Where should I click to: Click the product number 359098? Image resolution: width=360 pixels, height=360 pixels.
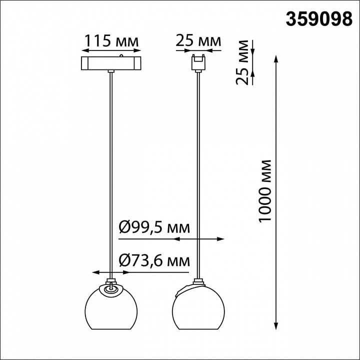(319, 19)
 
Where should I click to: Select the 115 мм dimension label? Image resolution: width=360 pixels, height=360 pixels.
(112, 41)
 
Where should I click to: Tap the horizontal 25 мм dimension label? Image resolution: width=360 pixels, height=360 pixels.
(198, 41)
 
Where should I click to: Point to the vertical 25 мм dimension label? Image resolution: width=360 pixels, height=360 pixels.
(242, 62)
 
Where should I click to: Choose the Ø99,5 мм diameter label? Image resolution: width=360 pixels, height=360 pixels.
(154, 227)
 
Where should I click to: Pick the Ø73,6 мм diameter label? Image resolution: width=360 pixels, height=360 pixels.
(154, 261)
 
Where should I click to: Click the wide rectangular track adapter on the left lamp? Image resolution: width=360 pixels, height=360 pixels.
(111, 63)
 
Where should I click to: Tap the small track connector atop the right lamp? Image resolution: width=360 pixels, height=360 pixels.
(198, 62)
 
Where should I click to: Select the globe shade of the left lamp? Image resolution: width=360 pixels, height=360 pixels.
(111, 307)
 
